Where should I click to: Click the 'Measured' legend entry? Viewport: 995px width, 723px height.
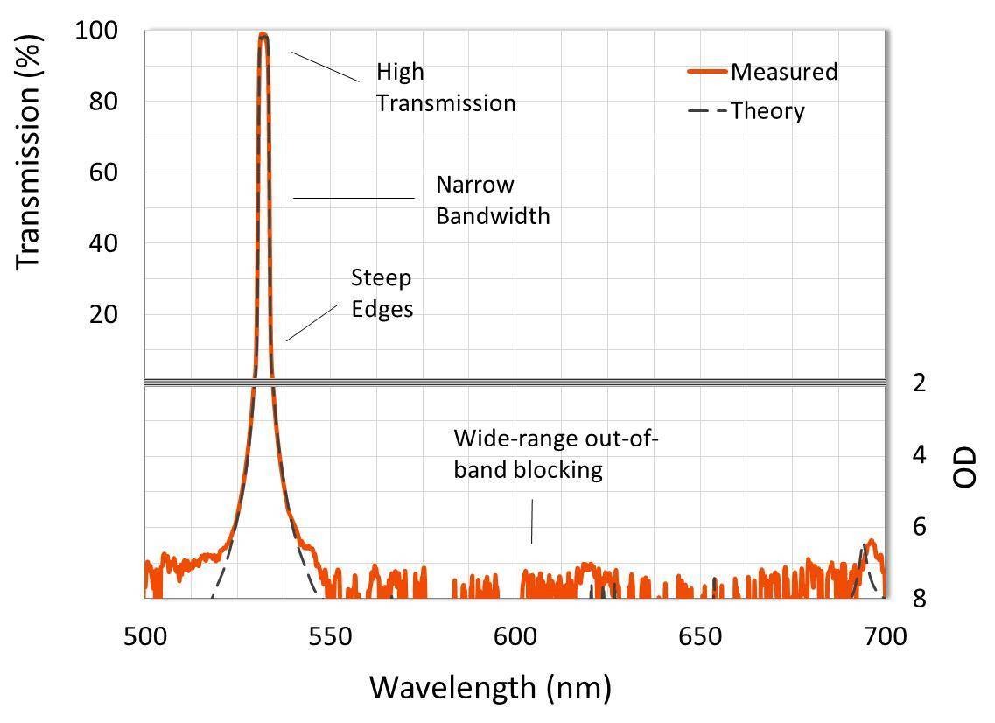[783, 72]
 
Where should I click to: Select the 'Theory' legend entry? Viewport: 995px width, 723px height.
[767, 111]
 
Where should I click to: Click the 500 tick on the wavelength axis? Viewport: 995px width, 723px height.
[145, 635]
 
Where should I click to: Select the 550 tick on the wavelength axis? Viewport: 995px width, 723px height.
[330, 635]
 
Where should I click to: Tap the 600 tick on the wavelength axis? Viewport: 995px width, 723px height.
[515, 635]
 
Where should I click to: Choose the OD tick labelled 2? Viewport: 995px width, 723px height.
[920, 383]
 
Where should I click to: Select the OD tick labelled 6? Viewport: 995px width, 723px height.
[920, 526]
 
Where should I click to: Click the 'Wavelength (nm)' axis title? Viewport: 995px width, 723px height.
[489, 687]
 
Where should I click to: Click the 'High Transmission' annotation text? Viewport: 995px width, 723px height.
[445, 88]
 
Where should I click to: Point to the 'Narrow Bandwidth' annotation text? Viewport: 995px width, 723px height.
[493, 200]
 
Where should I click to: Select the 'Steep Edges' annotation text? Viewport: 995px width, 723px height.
[382, 293]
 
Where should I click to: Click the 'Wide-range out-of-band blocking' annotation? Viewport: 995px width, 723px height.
[555, 454]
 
